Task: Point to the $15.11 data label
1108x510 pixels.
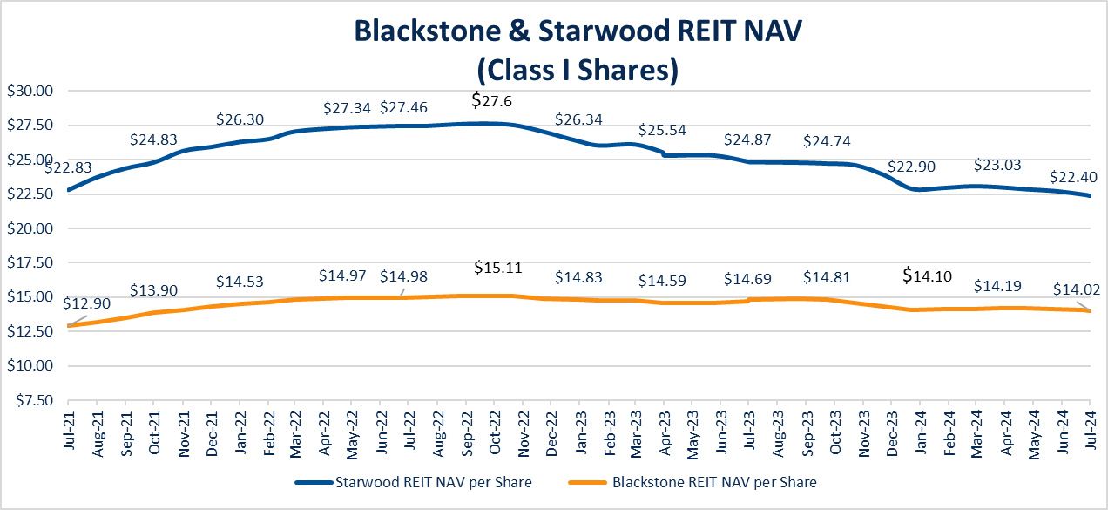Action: pyautogui.click(x=498, y=267)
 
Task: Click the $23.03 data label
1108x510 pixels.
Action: pyautogui.click(x=997, y=164)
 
